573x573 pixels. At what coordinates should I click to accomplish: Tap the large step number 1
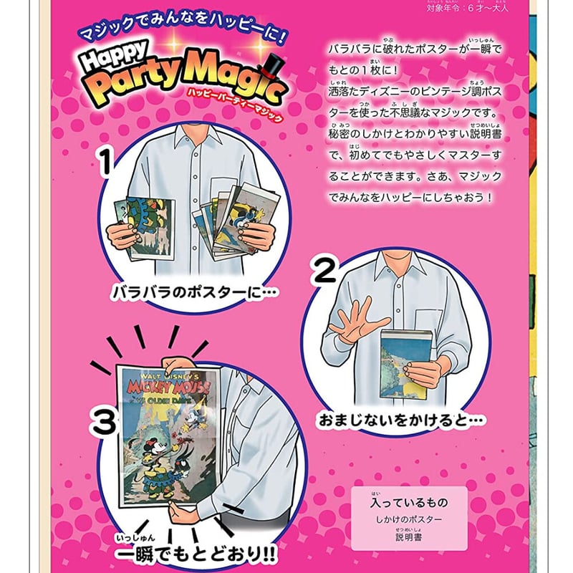click(x=105, y=163)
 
